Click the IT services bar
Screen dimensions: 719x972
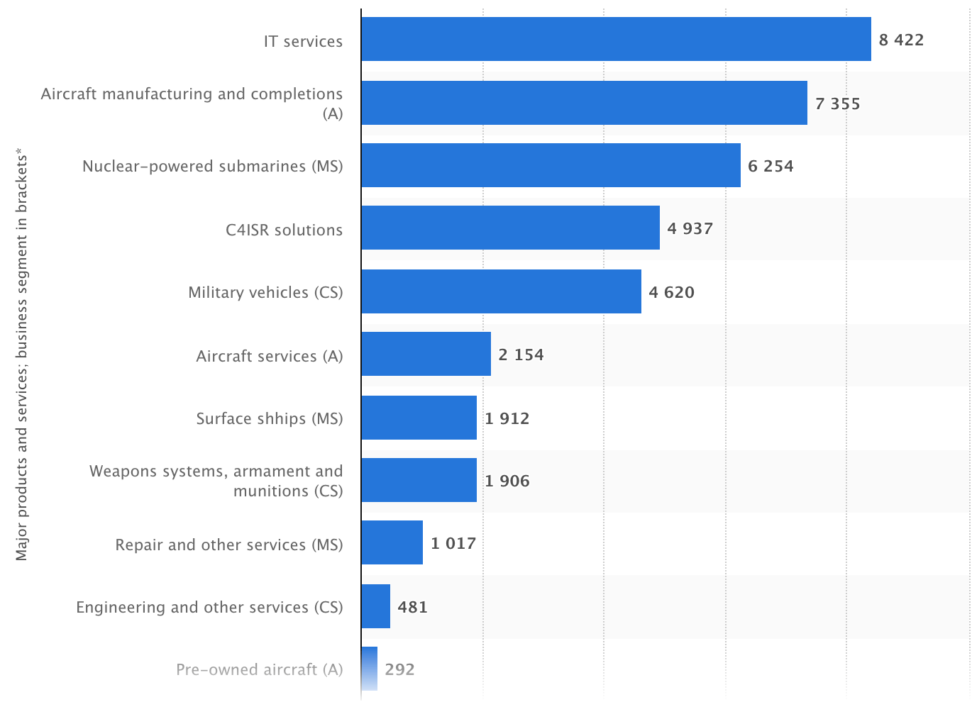point(616,39)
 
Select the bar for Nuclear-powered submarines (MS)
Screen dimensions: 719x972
point(551,165)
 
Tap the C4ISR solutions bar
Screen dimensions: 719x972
point(510,228)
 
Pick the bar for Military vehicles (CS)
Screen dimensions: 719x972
point(501,291)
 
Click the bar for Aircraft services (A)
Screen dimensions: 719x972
point(426,354)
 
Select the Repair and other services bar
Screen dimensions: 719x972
point(392,542)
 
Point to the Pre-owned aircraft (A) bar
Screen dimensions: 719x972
point(369,669)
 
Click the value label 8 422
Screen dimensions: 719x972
point(901,40)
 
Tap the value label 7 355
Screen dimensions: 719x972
point(837,104)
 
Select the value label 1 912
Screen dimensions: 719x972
point(507,418)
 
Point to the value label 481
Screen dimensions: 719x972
point(412,607)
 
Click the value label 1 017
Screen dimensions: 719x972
point(453,543)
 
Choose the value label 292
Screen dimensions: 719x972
point(399,669)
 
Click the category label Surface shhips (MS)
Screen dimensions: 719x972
point(269,418)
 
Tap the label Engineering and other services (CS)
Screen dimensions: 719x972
point(209,607)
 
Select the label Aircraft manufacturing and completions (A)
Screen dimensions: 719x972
point(192,104)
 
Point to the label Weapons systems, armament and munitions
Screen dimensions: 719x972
point(216,481)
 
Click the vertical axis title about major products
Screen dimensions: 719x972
point(22,355)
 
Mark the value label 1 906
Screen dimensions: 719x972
point(507,481)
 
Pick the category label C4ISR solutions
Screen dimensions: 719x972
point(284,230)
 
